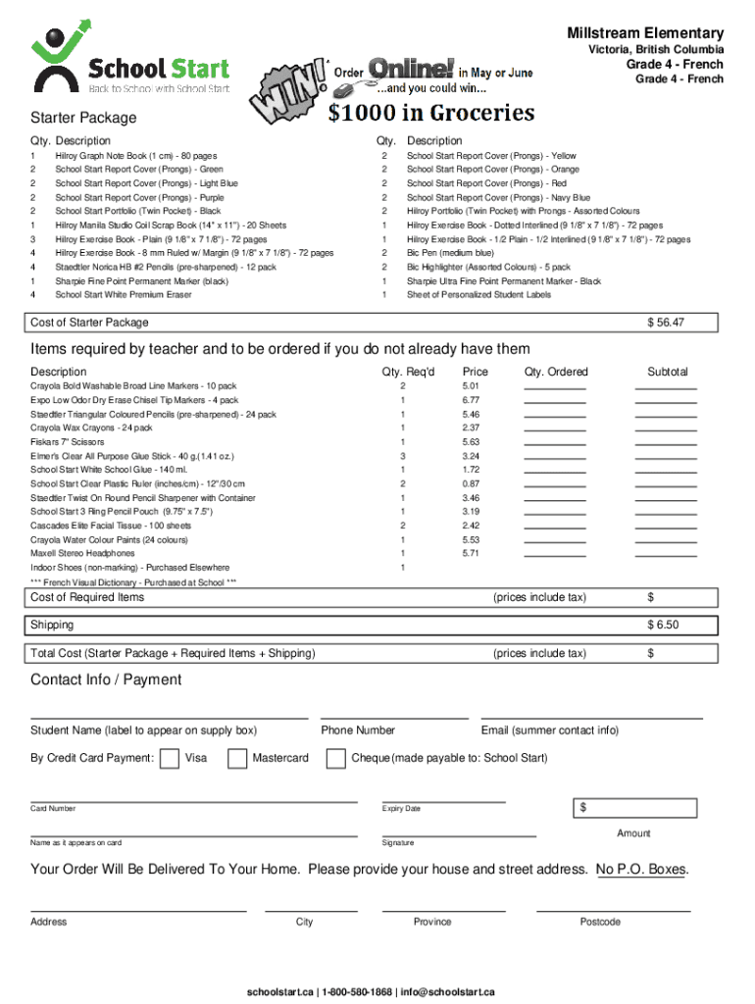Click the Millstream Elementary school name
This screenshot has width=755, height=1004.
tap(645, 33)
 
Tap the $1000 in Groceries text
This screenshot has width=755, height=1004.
tap(431, 114)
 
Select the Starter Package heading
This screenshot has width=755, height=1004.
tap(83, 118)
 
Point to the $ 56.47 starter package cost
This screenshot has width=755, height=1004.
tap(665, 323)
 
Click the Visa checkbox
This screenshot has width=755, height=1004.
tap(170, 758)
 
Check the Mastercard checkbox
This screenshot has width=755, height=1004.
tap(237, 758)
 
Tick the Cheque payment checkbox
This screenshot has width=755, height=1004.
tap(335, 758)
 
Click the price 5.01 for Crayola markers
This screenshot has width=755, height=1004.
tap(471, 386)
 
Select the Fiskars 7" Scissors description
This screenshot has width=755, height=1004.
tap(67, 442)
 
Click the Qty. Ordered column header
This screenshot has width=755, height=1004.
tap(556, 372)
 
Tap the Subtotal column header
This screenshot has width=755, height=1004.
tap(667, 372)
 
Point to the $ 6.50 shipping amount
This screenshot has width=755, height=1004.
tap(663, 625)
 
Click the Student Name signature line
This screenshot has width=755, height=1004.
tap(169, 718)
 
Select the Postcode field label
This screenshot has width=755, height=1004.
tap(600, 922)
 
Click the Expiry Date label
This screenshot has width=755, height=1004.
tap(401, 809)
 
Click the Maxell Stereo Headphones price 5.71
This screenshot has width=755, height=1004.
tap(471, 553)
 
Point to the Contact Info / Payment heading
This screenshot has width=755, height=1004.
tap(106, 679)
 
